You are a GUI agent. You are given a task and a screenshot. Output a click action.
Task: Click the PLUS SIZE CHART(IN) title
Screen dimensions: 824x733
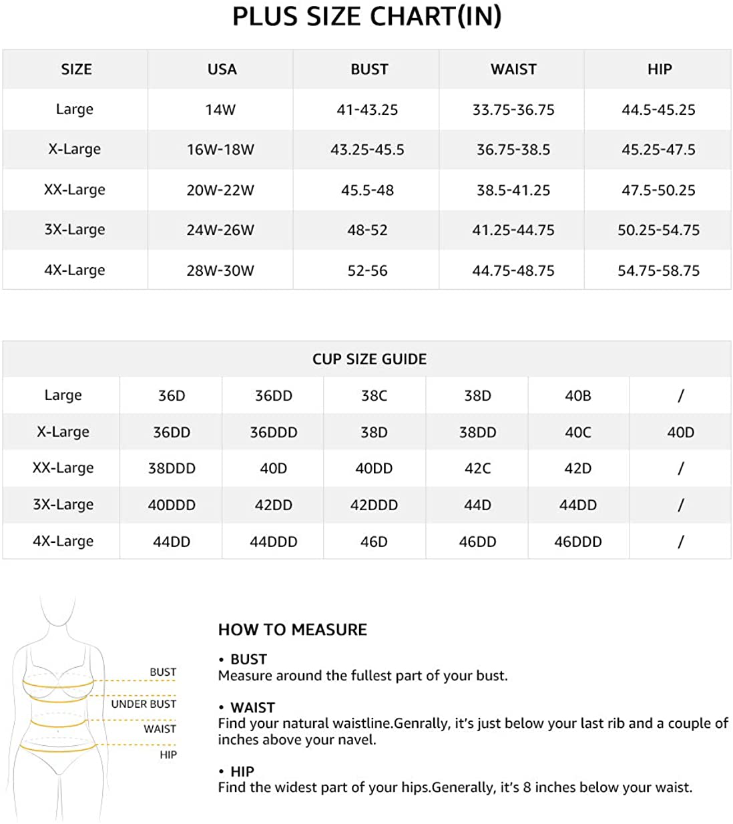366,17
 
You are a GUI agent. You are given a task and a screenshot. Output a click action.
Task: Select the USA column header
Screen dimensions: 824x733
222,69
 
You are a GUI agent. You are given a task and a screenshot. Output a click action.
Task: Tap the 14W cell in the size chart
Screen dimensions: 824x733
220,110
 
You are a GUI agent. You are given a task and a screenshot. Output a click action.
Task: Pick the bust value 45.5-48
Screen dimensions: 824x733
367,190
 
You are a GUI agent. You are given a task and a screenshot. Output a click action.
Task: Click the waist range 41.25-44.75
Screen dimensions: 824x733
513,230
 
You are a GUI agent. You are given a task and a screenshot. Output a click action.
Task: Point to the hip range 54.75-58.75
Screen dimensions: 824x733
658,270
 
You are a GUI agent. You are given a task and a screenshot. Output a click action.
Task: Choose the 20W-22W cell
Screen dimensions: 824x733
220,190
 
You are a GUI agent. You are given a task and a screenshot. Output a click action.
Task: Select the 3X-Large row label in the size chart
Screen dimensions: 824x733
75,230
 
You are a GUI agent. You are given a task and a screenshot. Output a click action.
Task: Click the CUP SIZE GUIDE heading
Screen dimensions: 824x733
369,359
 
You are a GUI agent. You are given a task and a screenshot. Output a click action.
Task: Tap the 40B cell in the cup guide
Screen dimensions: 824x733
578,396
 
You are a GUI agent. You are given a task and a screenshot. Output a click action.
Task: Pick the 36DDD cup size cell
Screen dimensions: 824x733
273,433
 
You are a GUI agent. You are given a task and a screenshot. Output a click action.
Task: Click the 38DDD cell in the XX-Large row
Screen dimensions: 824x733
172,469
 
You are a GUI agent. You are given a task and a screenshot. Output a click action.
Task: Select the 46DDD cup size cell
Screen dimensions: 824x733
578,542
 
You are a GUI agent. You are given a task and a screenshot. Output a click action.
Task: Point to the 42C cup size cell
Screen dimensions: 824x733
477,469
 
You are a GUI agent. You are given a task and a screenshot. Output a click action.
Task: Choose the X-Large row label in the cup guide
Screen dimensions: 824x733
63,432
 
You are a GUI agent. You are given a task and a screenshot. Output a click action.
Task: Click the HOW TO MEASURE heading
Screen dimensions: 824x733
292,630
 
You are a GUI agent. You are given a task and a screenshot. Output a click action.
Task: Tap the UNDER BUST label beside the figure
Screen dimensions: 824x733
144,704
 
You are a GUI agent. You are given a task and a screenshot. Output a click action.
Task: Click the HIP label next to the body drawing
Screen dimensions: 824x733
168,755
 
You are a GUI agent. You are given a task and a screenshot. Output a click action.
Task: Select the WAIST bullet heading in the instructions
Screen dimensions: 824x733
252,707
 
